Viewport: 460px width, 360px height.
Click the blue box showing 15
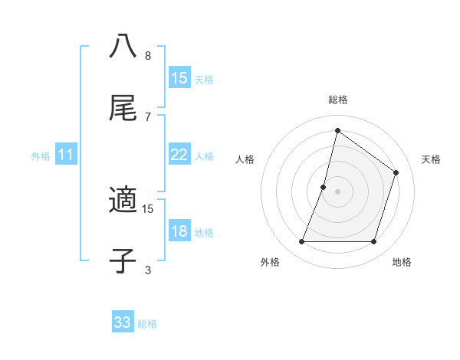pos(179,78)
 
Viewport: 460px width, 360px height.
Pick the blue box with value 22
pos(179,155)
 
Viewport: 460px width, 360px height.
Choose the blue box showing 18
pos(179,232)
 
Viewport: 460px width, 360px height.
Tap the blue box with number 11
pos(66,155)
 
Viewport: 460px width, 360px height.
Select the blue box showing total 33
pos(123,322)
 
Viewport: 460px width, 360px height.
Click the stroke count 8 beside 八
pos(148,56)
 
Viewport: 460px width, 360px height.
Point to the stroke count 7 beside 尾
pos(148,116)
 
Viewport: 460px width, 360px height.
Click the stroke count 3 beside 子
pos(148,270)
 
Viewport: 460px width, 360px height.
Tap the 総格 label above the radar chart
pos(337,100)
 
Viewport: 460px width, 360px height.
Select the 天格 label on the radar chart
pos(431,159)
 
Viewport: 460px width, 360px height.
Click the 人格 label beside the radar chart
pos(245,159)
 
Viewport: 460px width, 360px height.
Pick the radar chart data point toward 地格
pos(373,242)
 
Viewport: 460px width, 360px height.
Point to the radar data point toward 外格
pos(301,242)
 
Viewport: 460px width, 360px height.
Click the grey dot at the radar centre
pos(337,191)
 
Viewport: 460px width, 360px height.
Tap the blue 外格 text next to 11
pos(41,156)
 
